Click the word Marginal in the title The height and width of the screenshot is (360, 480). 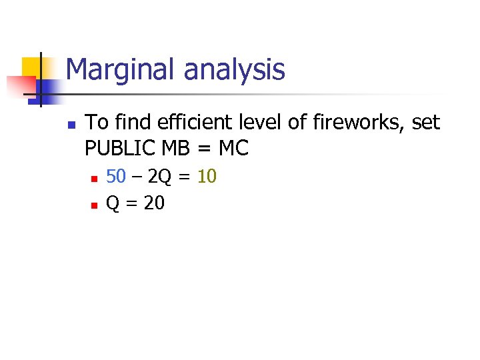(114, 69)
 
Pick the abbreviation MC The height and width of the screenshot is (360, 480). (233, 148)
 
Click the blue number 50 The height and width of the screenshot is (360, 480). (116, 177)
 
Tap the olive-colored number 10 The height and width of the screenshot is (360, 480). (207, 177)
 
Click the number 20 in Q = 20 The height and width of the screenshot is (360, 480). (154, 203)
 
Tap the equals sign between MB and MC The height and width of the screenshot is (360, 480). (206, 148)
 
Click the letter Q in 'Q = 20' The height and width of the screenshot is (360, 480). (113, 203)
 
